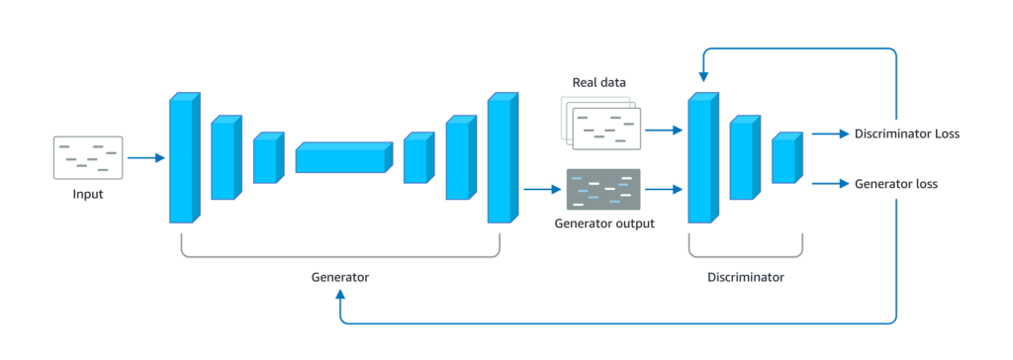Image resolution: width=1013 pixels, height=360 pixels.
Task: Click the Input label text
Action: (88, 194)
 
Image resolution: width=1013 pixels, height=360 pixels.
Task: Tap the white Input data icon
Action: (88, 157)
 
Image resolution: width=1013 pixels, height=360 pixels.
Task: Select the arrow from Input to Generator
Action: (146, 157)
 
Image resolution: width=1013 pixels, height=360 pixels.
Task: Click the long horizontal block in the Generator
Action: (344, 157)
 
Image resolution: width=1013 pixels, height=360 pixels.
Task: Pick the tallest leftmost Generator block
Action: (185, 157)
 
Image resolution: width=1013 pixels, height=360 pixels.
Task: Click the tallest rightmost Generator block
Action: (504, 157)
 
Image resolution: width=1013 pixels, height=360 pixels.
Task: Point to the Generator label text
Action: (340, 277)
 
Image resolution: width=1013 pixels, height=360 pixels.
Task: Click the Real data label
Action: (599, 83)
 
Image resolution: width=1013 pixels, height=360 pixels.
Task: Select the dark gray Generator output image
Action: (603, 189)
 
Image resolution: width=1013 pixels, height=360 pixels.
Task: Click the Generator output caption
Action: (604, 225)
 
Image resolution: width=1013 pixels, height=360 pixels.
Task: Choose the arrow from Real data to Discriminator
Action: (664, 130)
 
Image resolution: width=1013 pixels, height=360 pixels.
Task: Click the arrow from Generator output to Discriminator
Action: (664, 189)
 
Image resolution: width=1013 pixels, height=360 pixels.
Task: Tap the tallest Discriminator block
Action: (703, 157)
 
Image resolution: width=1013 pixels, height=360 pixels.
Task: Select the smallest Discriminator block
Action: (786, 157)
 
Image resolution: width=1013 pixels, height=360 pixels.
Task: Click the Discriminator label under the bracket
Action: (746, 277)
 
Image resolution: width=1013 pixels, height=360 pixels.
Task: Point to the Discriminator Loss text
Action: (907, 134)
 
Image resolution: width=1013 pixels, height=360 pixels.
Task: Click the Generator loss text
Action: (896, 184)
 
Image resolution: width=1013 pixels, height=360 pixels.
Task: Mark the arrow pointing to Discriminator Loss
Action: (830, 134)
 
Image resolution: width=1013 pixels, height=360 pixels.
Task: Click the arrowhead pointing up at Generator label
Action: (340, 294)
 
